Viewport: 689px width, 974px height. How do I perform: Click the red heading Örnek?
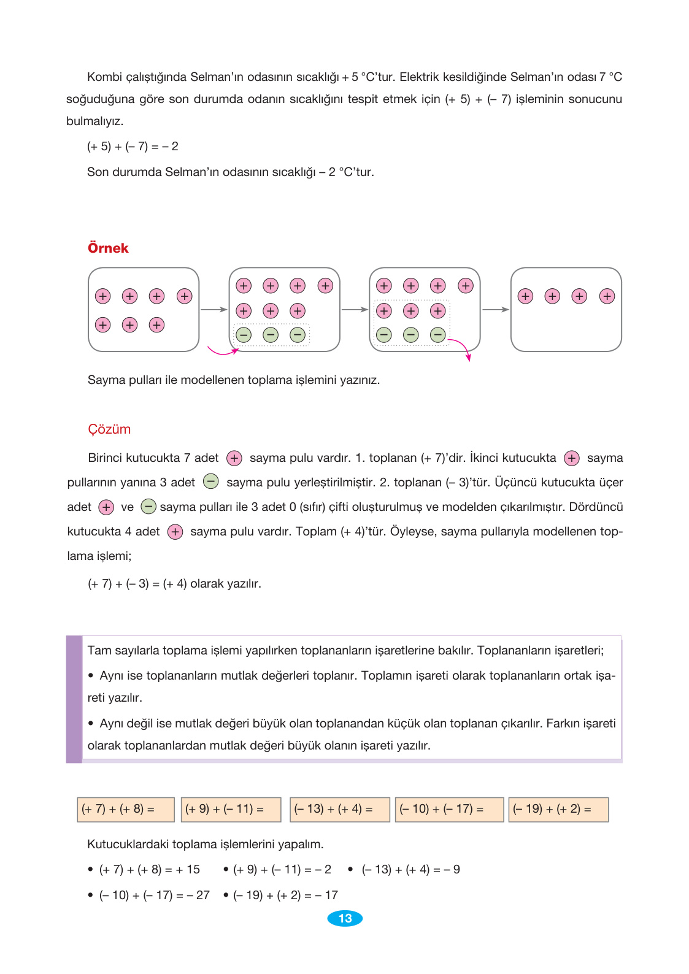(x=108, y=248)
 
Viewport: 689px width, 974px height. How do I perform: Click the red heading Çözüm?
(x=109, y=429)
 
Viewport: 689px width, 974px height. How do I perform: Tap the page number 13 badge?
(x=345, y=918)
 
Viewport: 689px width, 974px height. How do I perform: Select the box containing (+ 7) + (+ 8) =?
(x=126, y=809)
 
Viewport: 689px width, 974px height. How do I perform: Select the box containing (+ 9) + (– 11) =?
(x=231, y=809)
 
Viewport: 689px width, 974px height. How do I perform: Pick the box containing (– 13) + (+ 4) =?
(x=339, y=809)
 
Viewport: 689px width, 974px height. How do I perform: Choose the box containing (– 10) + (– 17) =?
(x=449, y=809)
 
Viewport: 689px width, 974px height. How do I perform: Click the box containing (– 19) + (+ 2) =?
(x=558, y=809)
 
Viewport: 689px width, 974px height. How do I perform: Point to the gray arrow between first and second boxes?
(x=214, y=310)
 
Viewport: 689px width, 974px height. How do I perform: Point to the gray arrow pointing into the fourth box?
(x=495, y=310)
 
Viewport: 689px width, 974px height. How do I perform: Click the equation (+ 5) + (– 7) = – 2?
(x=133, y=147)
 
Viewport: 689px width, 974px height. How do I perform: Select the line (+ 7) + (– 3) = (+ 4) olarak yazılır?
(x=174, y=584)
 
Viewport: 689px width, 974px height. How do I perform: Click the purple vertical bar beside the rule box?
(x=74, y=699)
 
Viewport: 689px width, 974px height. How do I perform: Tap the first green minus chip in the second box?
(x=244, y=335)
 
